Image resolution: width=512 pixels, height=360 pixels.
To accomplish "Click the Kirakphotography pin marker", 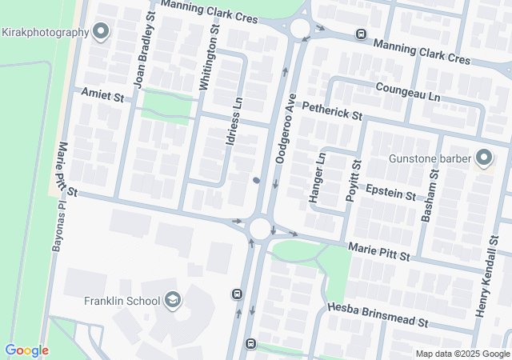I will click(101, 31).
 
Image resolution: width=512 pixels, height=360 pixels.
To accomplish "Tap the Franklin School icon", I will click(172, 301).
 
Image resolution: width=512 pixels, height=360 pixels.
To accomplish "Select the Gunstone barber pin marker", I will click(483, 157).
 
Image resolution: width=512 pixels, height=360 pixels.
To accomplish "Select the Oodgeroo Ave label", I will click(286, 129).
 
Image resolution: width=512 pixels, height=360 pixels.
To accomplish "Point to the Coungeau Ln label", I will click(408, 94).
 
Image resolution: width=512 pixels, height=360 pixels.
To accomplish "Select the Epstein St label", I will click(390, 192).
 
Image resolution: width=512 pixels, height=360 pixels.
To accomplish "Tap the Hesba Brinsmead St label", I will click(379, 316).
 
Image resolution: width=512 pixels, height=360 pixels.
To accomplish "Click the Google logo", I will click(26, 350).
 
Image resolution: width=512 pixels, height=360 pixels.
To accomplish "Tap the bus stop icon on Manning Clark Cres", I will click(361, 34).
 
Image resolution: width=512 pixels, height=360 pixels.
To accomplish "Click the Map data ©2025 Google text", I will click(462, 354).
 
